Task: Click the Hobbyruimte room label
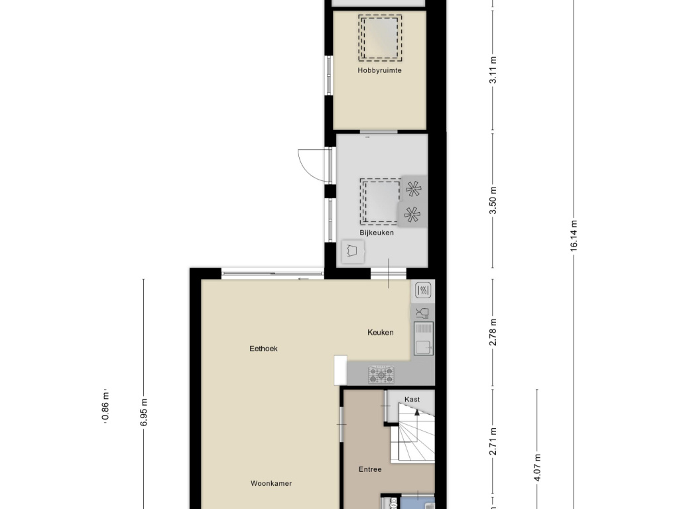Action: pos(379,70)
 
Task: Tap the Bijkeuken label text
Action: pos(377,233)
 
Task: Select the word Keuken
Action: pos(380,333)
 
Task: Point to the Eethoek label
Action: pos(263,349)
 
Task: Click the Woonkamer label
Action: pos(271,483)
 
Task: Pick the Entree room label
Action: pos(370,469)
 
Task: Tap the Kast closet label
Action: pos(412,400)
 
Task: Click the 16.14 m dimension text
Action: pos(574,235)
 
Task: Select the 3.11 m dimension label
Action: pos(493,70)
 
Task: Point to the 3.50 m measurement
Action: pos(493,200)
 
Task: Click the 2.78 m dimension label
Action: pos(493,333)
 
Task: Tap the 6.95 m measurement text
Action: pos(144,412)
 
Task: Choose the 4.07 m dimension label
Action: pos(537,467)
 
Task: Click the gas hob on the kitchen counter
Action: pos(381,375)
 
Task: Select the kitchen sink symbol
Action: pos(424,339)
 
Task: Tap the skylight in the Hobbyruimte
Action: pos(380,38)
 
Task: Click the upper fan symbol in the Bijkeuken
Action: pos(412,188)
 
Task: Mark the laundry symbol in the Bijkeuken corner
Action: pos(353,251)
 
